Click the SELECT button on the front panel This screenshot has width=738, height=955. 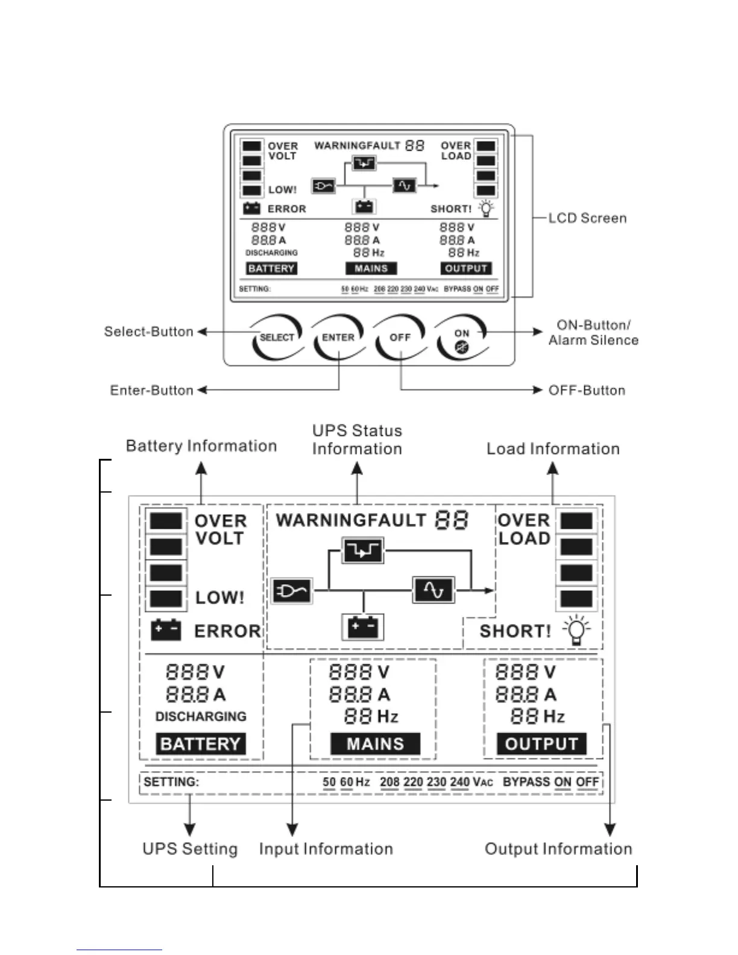point(277,338)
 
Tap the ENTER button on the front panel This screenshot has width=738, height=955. point(338,338)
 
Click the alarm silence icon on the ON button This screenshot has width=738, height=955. point(462,347)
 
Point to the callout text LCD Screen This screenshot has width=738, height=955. point(587,218)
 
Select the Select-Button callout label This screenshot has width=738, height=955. point(148,332)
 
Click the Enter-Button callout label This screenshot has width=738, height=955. point(151,391)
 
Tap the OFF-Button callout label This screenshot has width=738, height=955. point(587,391)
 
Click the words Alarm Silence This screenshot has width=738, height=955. point(593,340)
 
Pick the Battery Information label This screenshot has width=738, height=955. point(201,446)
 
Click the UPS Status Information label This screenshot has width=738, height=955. point(357,440)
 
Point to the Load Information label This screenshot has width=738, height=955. point(553,449)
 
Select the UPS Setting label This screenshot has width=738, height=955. point(190,849)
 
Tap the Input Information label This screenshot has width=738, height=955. point(326,849)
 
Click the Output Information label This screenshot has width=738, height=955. point(558,849)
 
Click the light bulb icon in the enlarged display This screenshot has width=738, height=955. point(577,631)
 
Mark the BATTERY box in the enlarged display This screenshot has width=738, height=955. point(201,744)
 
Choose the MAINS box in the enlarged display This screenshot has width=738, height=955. point(375,744)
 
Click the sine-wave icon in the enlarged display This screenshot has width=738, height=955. point(434,590)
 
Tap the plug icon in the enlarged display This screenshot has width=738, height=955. point(292,591)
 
